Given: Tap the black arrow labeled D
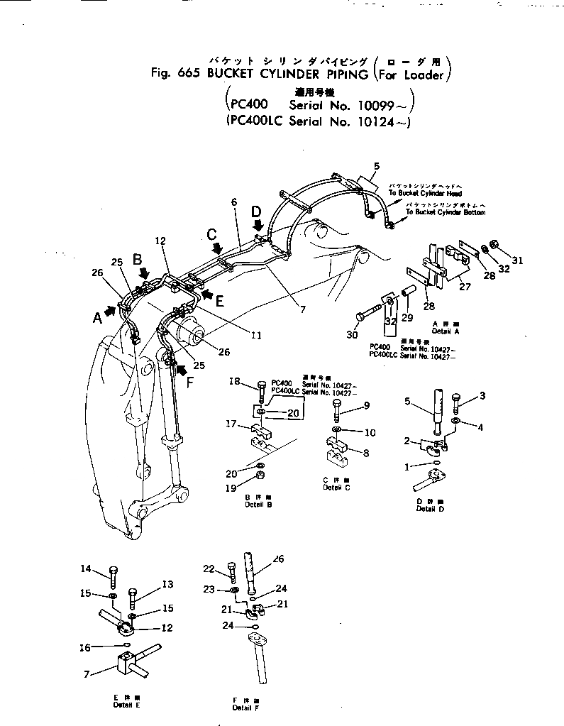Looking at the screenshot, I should click(x=258, y=225).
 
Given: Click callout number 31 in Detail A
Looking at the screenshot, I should click(x=517, y=260).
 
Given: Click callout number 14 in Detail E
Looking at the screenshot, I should click(x=105, y=568).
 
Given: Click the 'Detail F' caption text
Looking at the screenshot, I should click(x=242, y=708).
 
